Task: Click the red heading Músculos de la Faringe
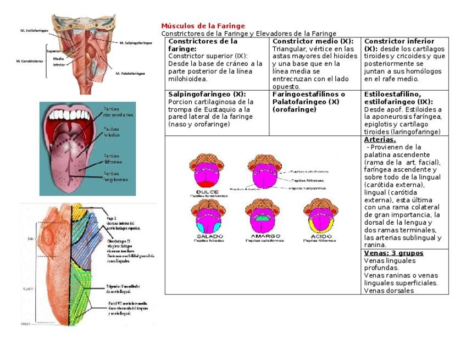point(203,26)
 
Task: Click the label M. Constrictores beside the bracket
point(29,61)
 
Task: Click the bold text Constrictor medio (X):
point(312,41)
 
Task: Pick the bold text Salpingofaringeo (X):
point(207,95)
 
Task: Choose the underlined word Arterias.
point(380,140)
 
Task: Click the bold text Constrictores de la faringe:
point(203,45)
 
